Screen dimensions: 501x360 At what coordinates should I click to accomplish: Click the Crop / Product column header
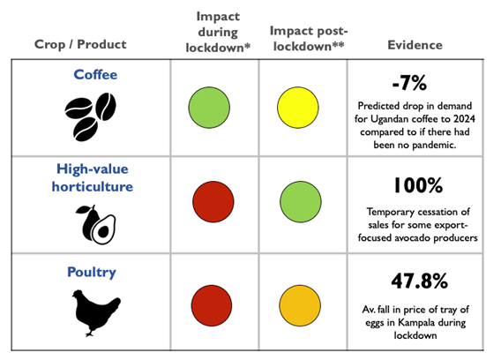tap(80, 44)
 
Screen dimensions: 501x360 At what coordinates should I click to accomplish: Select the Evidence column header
tap(415, 45)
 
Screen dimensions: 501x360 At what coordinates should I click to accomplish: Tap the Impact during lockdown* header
tap(218, 32)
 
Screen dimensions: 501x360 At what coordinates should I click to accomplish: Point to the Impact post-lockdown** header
tap(309, 38)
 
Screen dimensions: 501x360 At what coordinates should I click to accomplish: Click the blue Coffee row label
tap(95, 74)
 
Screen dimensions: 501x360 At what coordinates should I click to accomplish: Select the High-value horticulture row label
tap(93, 177)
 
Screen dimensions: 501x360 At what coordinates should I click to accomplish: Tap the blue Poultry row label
tap(92, 273)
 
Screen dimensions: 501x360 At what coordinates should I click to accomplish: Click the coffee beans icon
tap(91, 116)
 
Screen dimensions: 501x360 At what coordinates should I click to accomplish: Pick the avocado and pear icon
tap(95, 225)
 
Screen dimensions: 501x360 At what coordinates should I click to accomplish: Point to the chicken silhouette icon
tap(96, 312)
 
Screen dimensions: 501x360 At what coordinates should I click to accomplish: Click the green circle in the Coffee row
tap(209, 108)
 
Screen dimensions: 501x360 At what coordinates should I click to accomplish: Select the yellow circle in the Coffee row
tap(298, 108)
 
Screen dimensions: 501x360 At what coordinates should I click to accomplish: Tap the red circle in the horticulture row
tap(213, 202)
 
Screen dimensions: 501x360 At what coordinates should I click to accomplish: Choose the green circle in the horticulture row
tap(301, 202)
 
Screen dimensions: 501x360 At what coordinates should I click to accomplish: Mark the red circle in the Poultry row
tap(212, 305)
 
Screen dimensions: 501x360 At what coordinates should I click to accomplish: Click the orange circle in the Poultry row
tap(300, 305)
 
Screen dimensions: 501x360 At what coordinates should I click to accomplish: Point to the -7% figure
tap(409, 83)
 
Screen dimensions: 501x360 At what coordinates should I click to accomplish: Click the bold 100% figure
tap(418, 185)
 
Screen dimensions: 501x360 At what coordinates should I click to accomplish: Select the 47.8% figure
tap(419, 281)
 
